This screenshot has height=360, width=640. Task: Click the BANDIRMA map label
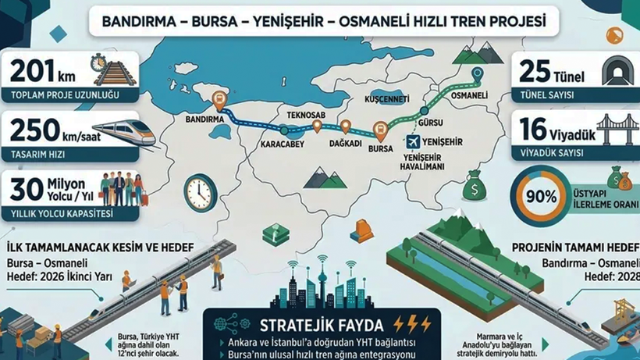coord(206,120)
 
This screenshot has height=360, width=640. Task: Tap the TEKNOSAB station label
coord(305,114)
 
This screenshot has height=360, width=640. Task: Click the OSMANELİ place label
coord(470,94)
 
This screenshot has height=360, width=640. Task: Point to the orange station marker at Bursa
coord(380,130)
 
